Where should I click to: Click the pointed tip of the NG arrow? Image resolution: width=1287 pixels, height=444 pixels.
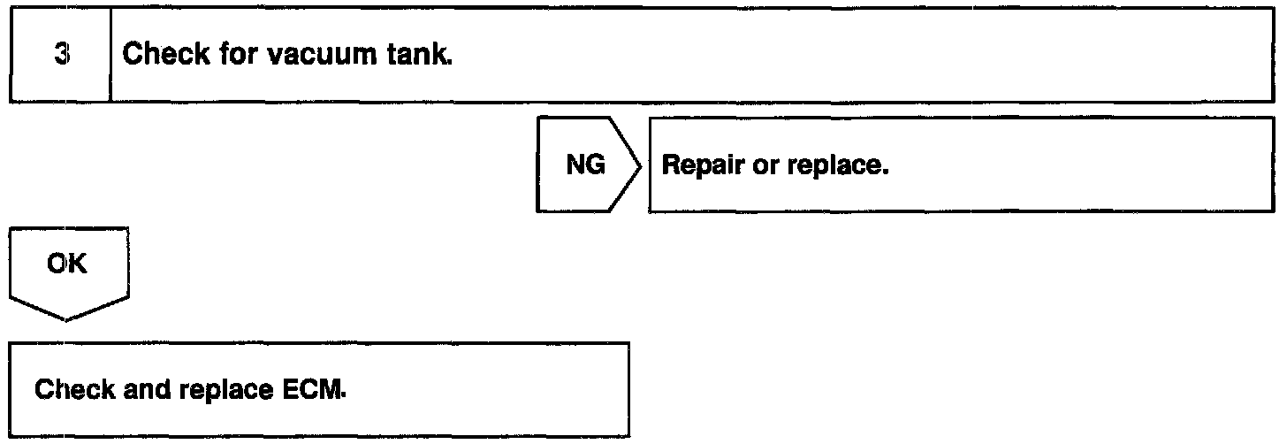639,165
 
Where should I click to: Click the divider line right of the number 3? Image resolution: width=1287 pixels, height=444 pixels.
110,55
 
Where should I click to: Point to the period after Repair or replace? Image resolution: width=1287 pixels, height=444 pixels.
882,173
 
